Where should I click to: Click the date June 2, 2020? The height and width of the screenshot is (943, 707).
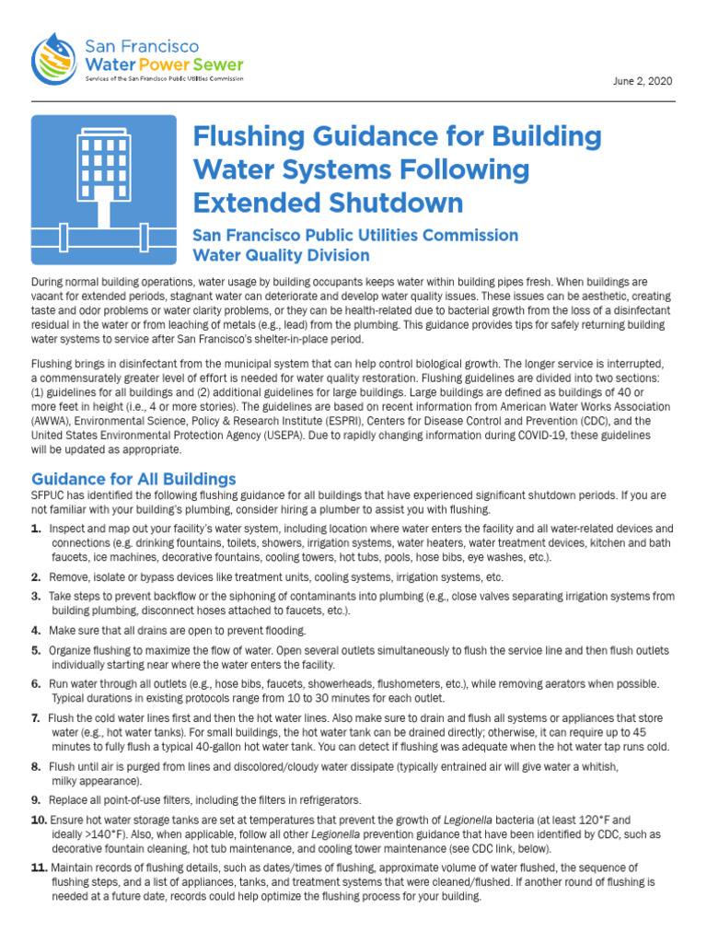[x=643, y=81]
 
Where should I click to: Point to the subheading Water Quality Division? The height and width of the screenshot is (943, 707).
[x=281, y=255]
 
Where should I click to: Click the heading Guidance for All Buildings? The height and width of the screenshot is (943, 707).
[x=133, y=479]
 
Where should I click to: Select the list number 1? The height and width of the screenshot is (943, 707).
[x=36, y=529]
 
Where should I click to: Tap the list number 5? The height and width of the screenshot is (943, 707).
[x=36, y=650]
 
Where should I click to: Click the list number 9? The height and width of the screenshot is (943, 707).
[x=36, y=799]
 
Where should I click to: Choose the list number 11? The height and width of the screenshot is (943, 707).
[x=39, y=867]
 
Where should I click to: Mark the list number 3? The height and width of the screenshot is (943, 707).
[x=36, y=597]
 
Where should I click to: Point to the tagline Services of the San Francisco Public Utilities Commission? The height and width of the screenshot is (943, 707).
[x=164, y=79]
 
